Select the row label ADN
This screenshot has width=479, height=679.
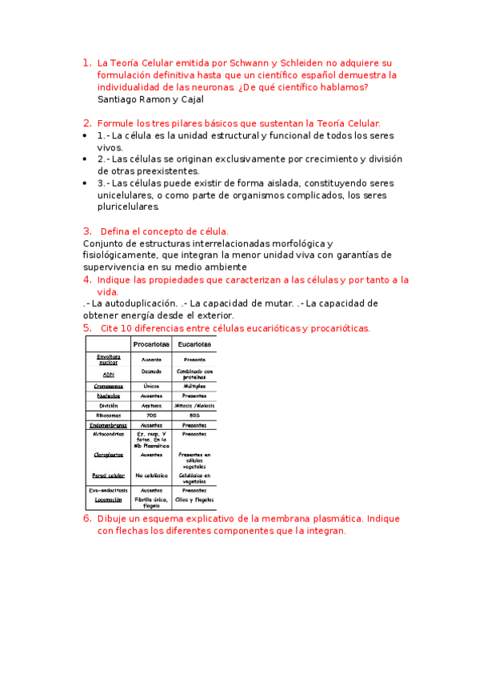[x=109, y=374]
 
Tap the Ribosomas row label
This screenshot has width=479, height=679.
[x=109, y=416]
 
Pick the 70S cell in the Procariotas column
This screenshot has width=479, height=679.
[x=151, y=416]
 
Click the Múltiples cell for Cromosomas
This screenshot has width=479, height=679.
[x=194, y=386]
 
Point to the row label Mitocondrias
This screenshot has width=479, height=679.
[x=109, y=435]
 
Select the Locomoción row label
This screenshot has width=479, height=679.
[x=109, y=499]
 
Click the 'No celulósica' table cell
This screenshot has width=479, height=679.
[x=151, y=476]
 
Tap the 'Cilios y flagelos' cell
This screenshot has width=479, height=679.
[x=194, y=499]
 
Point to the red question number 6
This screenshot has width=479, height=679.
[x=87, y=518]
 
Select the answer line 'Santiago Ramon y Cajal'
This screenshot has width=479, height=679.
[x=150, y=99]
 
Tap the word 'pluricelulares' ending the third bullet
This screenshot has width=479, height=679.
[x=127, y=207]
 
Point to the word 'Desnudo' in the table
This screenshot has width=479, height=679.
[x=151, y=372]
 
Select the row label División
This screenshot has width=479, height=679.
[x=109, y=406]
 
